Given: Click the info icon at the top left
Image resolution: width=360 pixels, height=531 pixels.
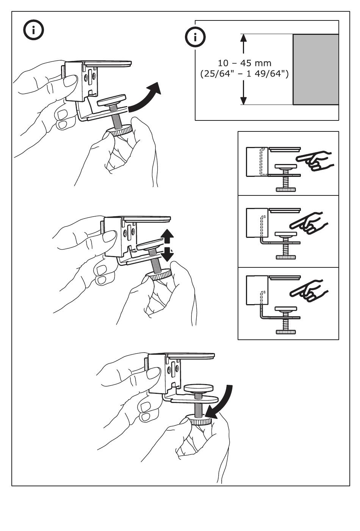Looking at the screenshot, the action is click(33, 30).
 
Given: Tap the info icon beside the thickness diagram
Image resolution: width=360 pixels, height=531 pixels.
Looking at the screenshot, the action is click(195, 37).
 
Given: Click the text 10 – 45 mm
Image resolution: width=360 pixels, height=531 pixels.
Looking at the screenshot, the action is click(244, 63).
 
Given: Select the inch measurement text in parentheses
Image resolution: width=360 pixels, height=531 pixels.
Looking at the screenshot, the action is click(244, 74).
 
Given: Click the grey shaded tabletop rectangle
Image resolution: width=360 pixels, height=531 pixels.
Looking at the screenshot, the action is click(316, 69).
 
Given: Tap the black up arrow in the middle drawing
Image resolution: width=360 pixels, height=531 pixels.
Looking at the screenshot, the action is click(167, 236).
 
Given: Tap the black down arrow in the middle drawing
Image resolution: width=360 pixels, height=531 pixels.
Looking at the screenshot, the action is click(167, 254).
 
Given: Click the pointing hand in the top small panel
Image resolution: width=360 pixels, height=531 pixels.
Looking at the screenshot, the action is click(315, 161).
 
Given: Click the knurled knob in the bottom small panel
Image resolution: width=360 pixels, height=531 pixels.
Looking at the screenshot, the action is click(286, 332).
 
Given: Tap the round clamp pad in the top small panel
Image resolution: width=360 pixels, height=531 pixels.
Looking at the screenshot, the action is click(286, 166).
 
